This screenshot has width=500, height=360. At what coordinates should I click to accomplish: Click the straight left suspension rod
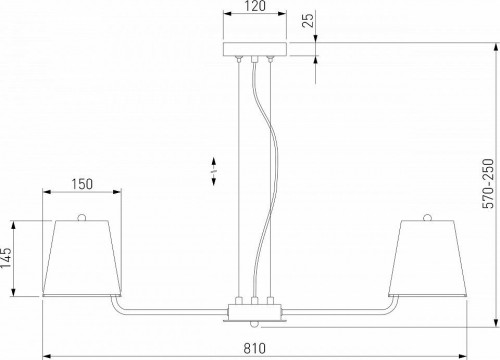tap(240, 180)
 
